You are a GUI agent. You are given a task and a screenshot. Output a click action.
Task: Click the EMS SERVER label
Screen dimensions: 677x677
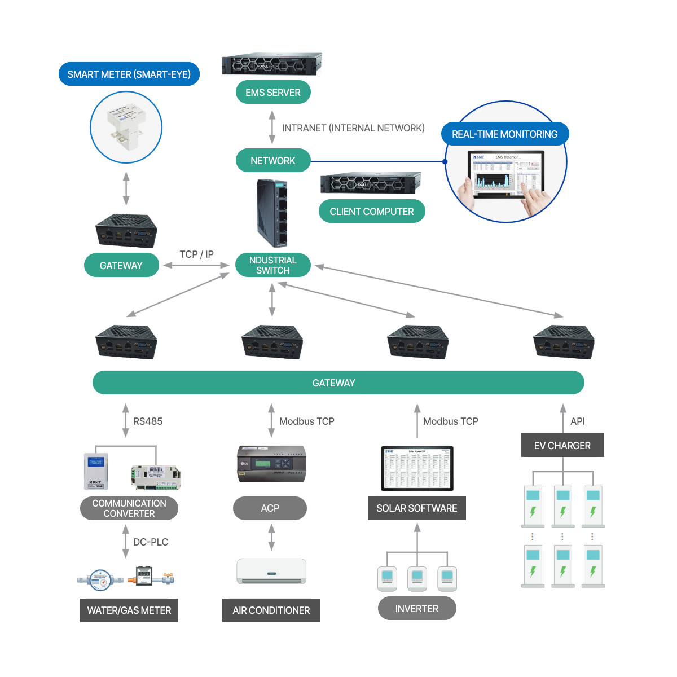tap(273, 93)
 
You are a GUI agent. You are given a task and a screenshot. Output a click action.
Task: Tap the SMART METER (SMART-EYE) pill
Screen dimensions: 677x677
tap(129, 74)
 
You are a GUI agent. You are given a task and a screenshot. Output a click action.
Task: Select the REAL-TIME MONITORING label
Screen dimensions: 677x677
tap(504, 134)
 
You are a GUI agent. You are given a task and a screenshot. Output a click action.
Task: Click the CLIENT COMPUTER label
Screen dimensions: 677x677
tap(372, 212)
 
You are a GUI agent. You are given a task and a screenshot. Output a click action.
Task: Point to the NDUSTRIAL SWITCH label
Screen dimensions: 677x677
tap(273, 265)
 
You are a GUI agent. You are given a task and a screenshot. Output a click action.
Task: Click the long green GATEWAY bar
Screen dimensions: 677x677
tap(338, 383)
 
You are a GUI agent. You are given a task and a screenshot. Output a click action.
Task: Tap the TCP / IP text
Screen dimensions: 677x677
tap(196, 254)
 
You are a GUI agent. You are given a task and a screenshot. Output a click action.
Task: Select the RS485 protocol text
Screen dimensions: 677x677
tap(148, 421)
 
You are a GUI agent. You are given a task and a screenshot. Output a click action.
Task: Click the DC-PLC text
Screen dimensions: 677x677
tap(151, 542)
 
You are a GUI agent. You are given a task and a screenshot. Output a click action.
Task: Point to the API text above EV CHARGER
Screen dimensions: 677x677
tap(577, 421)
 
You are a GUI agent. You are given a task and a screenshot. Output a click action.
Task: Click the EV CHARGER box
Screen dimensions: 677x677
tap(562, 446)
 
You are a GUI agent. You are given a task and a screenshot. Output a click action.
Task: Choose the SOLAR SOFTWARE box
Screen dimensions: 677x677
tap(417, 508)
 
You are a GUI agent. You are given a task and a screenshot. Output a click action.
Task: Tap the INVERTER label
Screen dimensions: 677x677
tap(417, 609)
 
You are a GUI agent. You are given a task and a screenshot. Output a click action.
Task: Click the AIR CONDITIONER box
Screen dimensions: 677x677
tap(271, 610)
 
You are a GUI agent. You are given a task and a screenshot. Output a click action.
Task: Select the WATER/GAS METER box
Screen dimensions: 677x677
tap(129, 610)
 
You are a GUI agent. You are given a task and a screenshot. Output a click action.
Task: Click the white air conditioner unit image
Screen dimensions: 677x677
tap(271, 571)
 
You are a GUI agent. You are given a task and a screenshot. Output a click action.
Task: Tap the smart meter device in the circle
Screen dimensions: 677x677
tap(126, 127)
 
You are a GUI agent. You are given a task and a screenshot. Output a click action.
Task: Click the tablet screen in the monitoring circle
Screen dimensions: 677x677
tap(506, 173)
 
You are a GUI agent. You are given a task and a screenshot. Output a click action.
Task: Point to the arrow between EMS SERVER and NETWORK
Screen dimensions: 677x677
tap(272, 127)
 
